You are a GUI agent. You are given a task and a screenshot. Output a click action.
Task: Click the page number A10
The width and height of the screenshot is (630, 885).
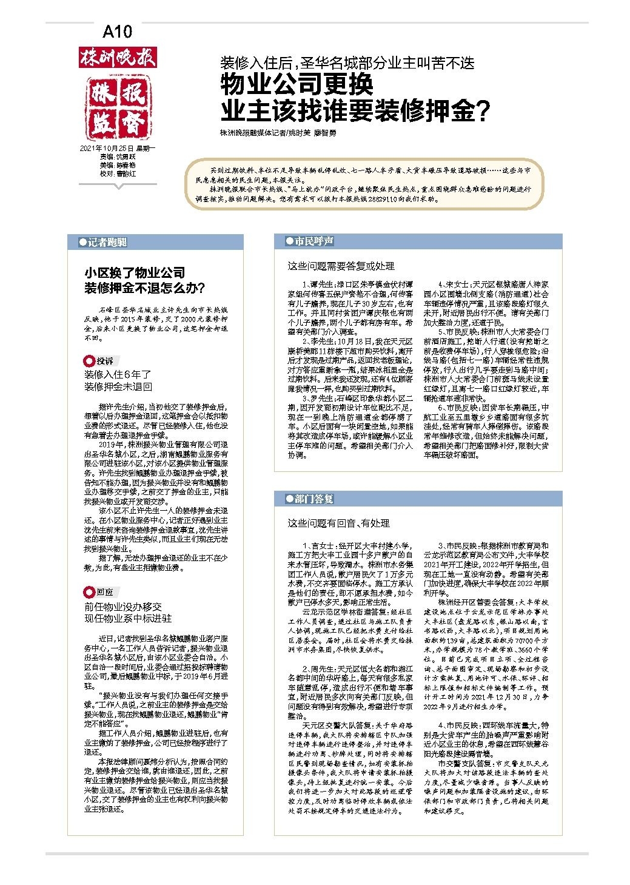pyautogui.click(x=117, y=32)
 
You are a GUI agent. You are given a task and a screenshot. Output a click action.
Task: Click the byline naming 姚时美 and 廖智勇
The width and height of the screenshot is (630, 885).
pyautogui.click(x=278, y=133)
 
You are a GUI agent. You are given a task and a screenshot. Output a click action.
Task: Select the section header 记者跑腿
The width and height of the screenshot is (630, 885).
pyautogui.click(x=107, y=243)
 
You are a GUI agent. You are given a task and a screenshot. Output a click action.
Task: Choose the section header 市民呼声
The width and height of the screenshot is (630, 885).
pyautogui.click(x=313, y=241)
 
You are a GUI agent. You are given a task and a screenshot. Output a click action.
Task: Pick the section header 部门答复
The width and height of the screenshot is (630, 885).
pyautogui.click(x=313, y=499)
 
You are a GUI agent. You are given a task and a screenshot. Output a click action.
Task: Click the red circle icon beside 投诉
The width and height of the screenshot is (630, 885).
pyautogui.click(x=89, y=362)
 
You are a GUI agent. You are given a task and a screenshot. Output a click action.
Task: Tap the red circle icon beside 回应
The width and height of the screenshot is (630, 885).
pyautogui.click(x=89, y=592)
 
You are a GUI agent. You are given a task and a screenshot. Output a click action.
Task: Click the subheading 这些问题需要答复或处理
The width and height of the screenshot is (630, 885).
pyautogui.click(x=341, y=266)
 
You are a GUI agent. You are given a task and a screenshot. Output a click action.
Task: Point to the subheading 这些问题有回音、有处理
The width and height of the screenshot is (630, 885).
pyautogui.click(x=338, y=523)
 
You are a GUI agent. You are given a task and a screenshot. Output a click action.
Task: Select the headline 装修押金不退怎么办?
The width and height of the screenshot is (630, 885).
pyautogui.click(x=144, y=288)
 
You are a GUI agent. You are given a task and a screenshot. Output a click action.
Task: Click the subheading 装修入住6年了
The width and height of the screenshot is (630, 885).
pyautogui.click(x=118, y=374)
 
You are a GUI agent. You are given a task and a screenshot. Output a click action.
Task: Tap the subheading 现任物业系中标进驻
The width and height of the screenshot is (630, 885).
pyautogui.click(x=127, y=618)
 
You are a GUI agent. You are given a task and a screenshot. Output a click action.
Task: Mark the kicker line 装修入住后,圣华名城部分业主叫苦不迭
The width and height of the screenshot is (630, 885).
pyautogui.click(x=347, y=63)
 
